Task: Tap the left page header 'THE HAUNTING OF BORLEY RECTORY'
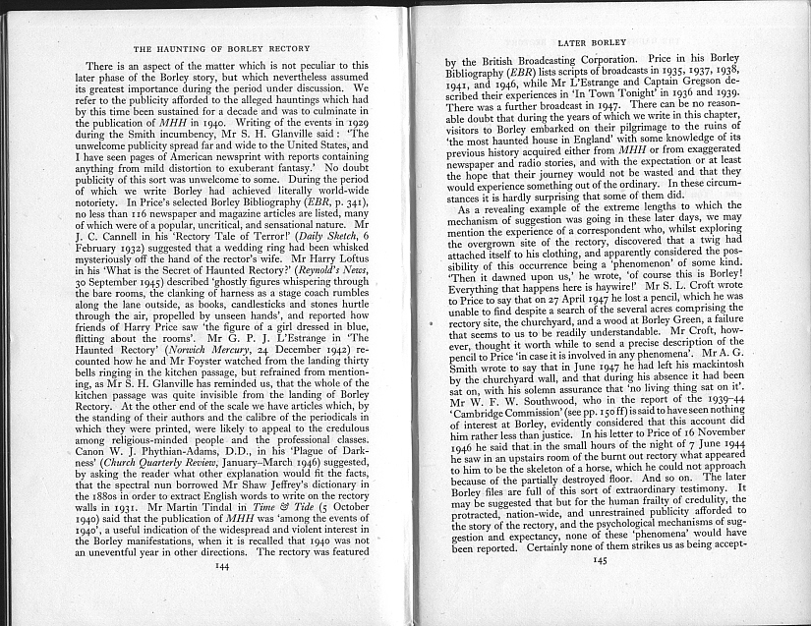point(222,46)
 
